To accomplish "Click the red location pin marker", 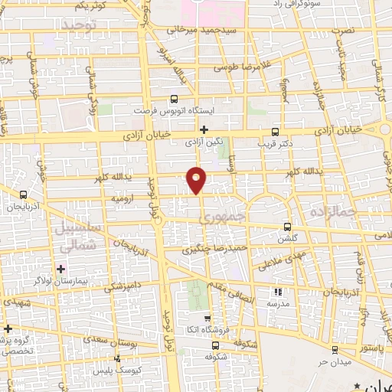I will pyautogui.click(x=198, y=179).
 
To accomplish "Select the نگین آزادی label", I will pyautogui.click(x=203, y=142).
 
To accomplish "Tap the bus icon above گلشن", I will pyautogui.click(x=287, y=227).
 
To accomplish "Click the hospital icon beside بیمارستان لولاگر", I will pyautogui.click(x=60, y=269).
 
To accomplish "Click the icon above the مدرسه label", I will pyautogui.click(x=278, y=291).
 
